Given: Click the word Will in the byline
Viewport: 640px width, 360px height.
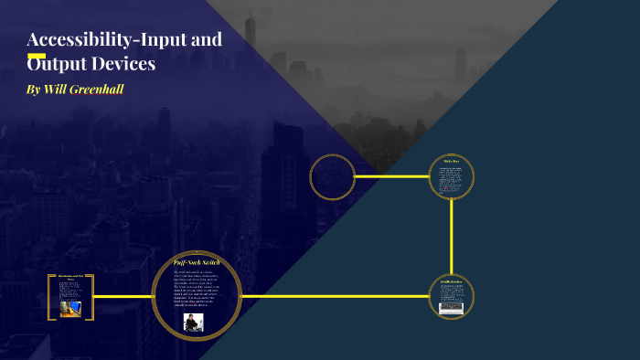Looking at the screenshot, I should click(54, 91).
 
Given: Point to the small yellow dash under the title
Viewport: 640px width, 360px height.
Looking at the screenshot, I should click(37, 54).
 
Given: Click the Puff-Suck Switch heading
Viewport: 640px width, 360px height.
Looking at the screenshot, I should click(197, 263).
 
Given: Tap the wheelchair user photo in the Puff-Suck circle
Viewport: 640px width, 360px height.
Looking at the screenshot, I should click(194, 321).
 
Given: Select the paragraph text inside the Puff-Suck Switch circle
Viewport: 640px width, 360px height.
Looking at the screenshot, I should click(197, 290).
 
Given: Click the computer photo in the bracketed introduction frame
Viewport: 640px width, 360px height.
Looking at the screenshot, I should click(69, 308).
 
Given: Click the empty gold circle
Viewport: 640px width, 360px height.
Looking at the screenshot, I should click(332, 176).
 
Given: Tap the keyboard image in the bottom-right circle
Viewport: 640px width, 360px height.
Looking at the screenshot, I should click(452, 309).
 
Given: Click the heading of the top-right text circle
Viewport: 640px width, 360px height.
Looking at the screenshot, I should click(452, 162).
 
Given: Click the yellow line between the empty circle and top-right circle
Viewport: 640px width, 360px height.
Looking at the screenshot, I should click(391, 176).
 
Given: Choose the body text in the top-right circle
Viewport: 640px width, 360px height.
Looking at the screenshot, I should click(452, 180).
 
